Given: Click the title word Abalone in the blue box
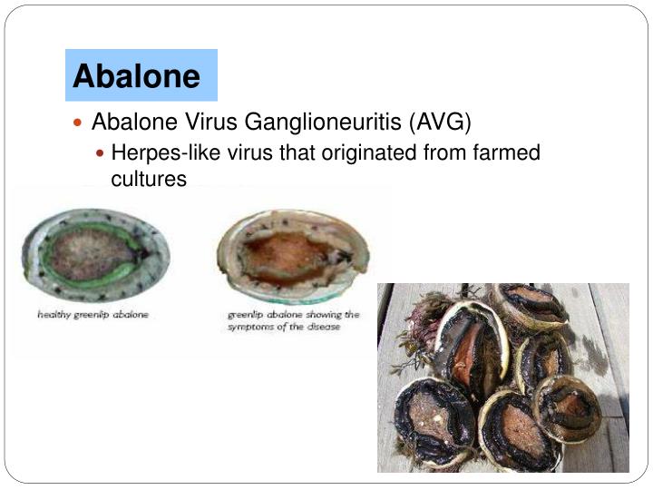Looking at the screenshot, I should pyautogui.click(x=136, y=75).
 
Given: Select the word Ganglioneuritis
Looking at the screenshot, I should pyautogui.click(x=327, y=122).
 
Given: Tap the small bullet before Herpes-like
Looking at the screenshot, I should pyautogui.click(x=102, y=152).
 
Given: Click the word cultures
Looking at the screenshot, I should pyautogui.click(x=149, y=179).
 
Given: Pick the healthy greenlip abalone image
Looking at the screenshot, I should pyautogui.click(x=95, y=255).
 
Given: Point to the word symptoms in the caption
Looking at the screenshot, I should pyautogui.click(x=257, y=326).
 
